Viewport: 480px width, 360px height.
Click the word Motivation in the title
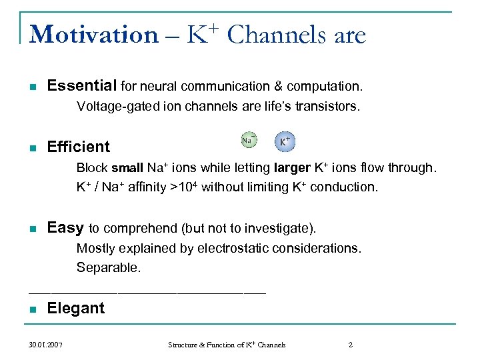93,35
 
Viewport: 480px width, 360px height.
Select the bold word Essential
82,85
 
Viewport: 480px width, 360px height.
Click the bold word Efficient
79,147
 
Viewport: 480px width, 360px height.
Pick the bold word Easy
65,228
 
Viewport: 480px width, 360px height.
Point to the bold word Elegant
76,308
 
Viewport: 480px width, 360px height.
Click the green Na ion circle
248,140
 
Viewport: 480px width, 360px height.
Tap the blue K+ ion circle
285,141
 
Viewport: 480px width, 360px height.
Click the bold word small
127,168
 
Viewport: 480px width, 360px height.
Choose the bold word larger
291,168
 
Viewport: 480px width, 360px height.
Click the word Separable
109,268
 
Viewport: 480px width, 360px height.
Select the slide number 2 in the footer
351,345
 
